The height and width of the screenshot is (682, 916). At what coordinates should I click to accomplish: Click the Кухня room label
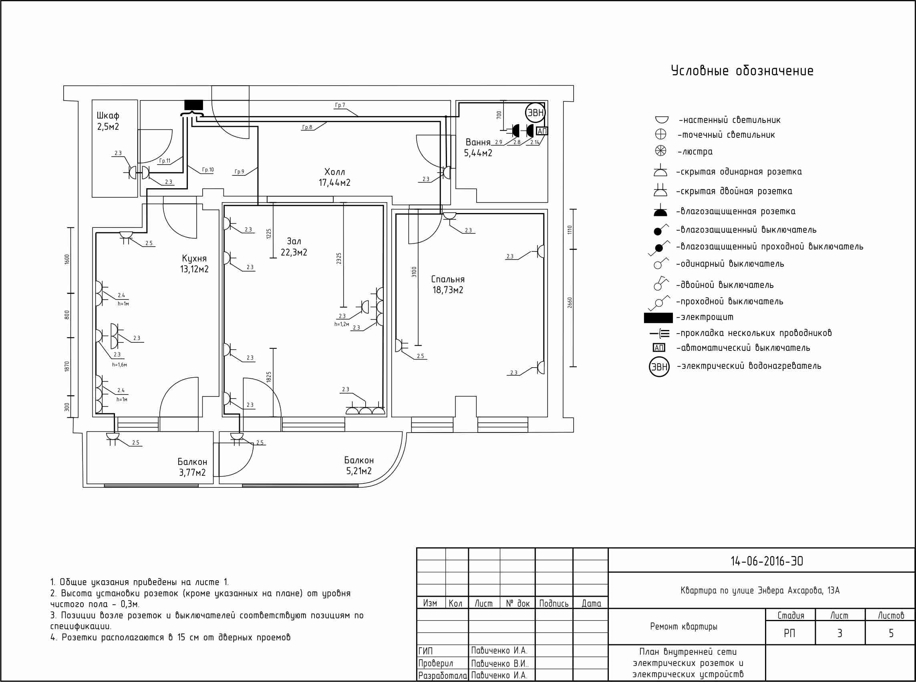194,258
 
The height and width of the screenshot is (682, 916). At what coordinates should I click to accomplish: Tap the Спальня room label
448,279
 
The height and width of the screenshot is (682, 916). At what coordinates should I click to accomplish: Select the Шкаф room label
108,116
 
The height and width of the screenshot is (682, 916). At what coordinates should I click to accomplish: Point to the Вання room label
478,143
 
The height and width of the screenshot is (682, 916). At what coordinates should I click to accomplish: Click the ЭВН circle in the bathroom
536,113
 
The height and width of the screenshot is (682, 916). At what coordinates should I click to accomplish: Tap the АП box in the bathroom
542,131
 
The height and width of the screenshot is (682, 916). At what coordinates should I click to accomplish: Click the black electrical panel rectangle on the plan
193,105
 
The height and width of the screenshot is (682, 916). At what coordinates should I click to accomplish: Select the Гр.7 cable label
340,105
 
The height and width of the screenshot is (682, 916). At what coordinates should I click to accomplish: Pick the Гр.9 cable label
240,172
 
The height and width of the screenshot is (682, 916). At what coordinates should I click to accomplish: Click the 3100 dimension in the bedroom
415,272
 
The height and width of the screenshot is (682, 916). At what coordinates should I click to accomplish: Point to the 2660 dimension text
570,303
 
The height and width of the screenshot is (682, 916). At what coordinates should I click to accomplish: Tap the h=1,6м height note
120,365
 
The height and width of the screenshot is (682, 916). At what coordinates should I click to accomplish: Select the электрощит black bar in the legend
658,318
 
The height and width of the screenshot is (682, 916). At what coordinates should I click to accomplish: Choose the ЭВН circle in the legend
659,366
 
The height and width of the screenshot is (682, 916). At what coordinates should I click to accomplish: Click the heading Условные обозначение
742,70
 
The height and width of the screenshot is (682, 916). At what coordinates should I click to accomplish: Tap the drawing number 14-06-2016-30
767,561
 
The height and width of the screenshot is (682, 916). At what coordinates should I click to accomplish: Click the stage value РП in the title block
790,633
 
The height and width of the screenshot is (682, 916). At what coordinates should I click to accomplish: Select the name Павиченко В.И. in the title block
500,664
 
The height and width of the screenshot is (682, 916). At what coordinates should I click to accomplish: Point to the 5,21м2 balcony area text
359,471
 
